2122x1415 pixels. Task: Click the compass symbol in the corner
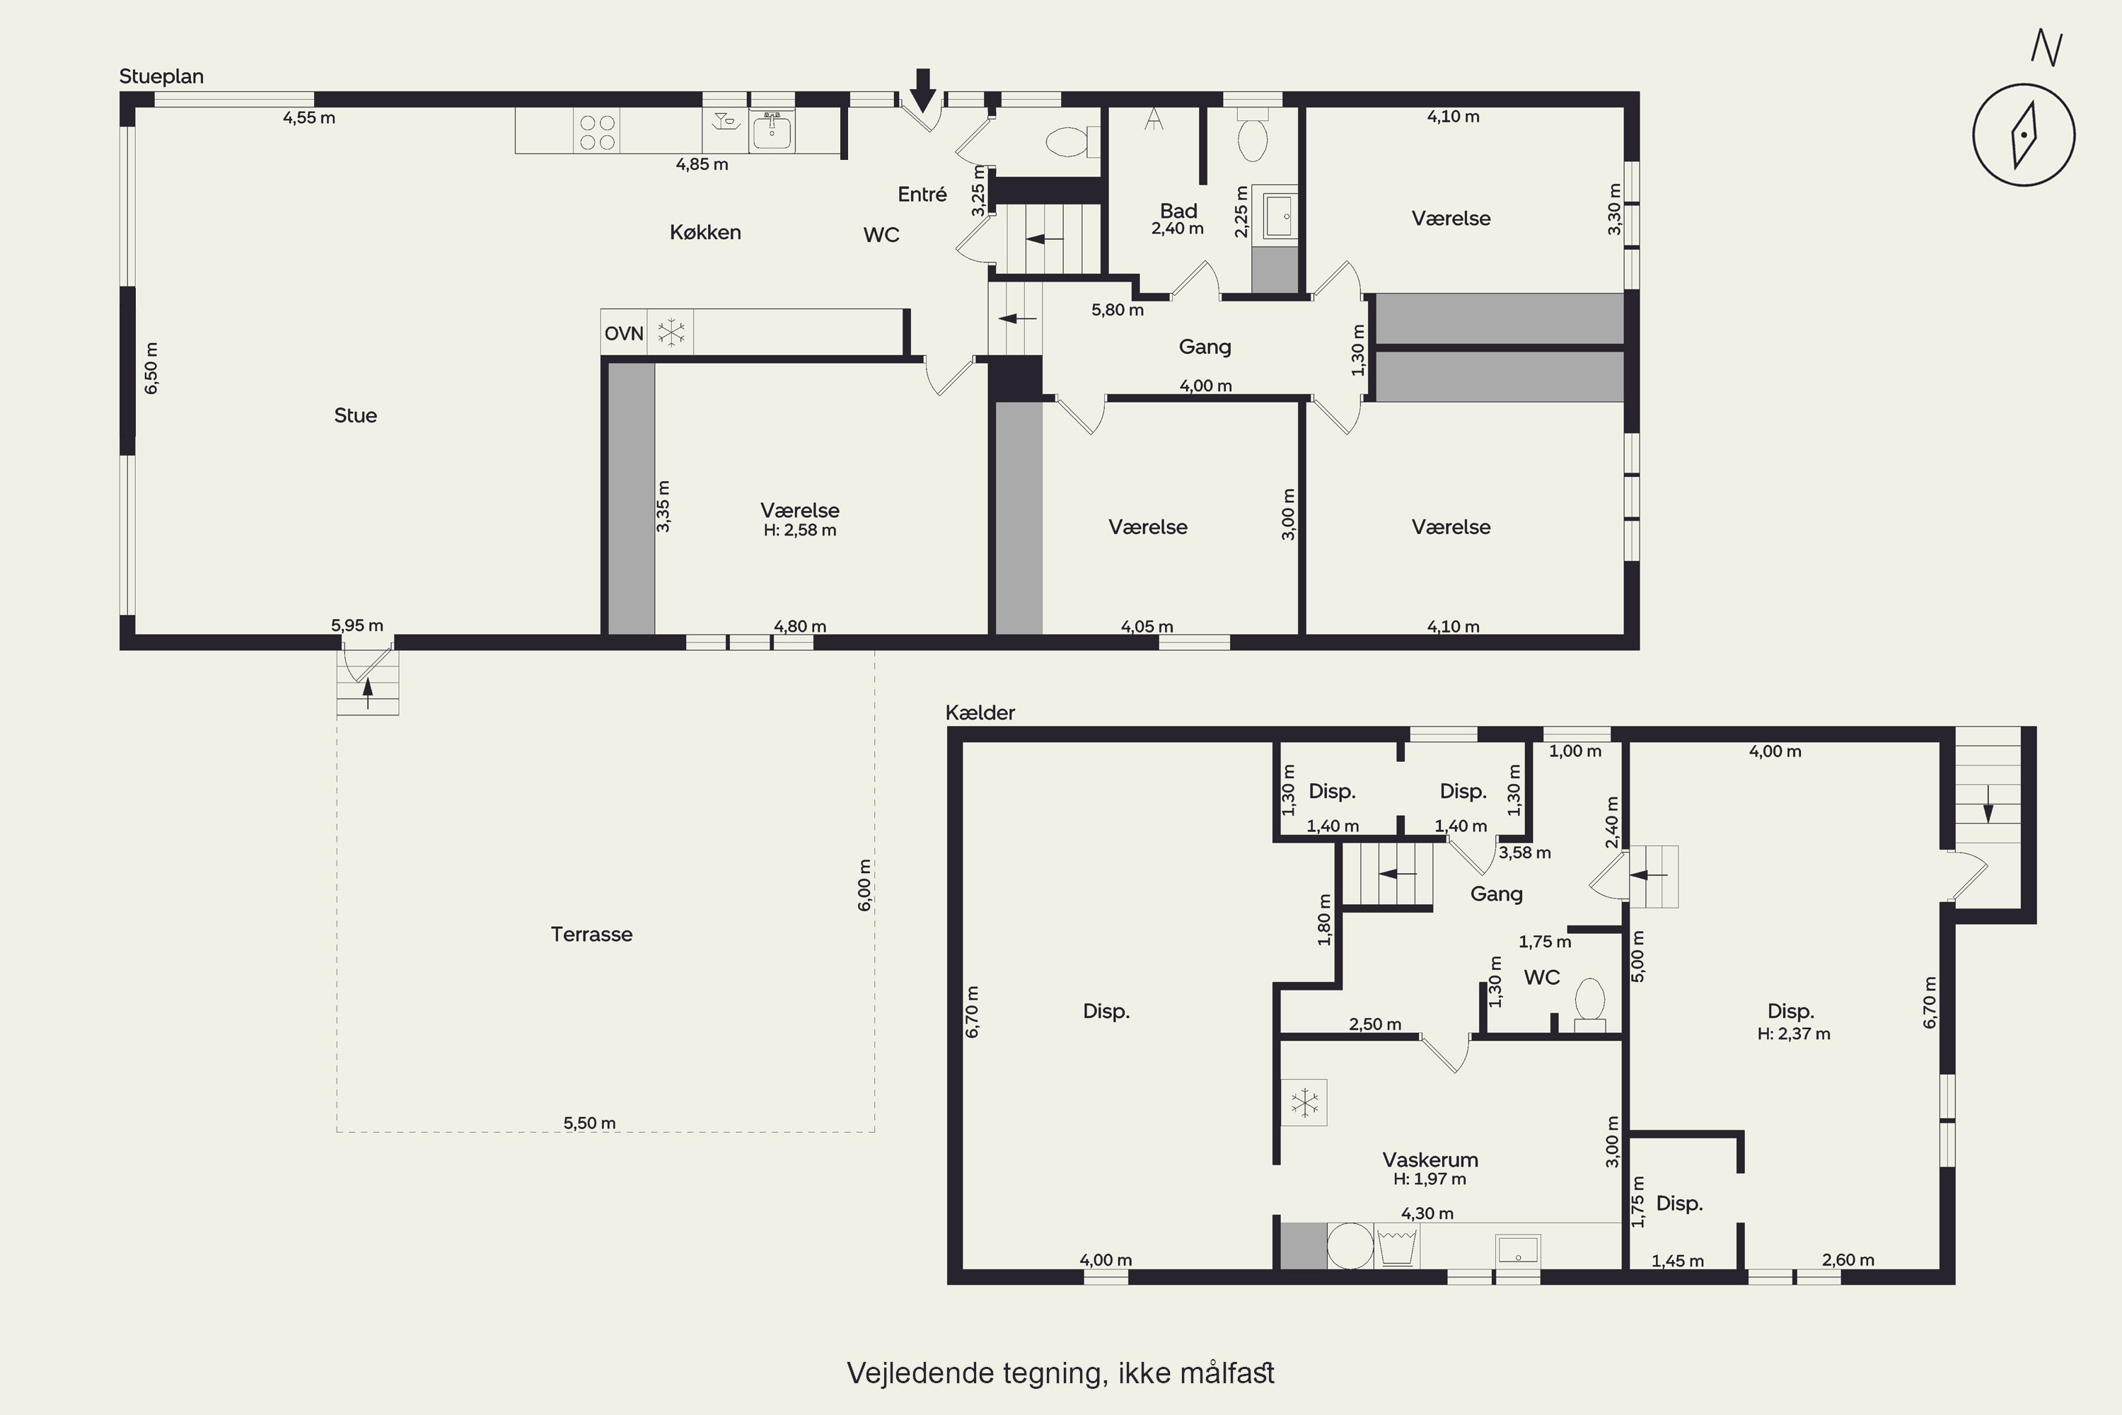click(2024, 134)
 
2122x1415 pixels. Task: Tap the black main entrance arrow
click(922, 89)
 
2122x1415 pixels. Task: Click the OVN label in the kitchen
click(623, 334)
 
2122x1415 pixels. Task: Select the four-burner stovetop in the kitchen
click(596, 132)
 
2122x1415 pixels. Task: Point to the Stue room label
click(356, 415)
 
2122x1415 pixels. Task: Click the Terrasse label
click(592, 934)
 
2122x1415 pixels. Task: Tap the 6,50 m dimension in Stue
click(151, 368)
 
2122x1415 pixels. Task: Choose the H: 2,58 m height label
click(799, 531)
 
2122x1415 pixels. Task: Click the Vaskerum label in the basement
click(1430, 1160)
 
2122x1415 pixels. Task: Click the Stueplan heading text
click(161, 76)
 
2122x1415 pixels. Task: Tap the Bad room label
click(1178, 211)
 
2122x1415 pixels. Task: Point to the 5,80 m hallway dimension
click(1117, 311)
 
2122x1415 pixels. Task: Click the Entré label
click(922, 194)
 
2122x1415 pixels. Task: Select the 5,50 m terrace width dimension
click(590, 1124)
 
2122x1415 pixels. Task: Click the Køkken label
click(705, 233)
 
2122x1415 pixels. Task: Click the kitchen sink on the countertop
click(772, 132)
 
